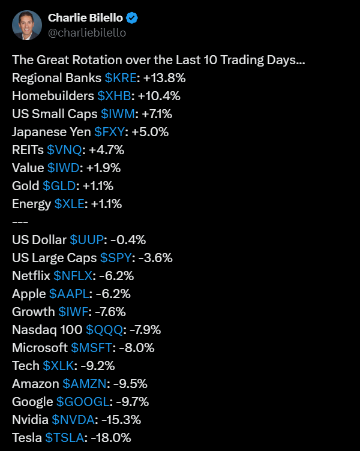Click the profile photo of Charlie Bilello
27,25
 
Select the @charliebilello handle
87,33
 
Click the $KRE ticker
120,78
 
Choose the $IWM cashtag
118,113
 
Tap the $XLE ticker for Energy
70,204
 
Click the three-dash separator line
20,222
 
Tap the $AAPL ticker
68,294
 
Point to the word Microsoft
40,348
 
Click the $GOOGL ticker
82,402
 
